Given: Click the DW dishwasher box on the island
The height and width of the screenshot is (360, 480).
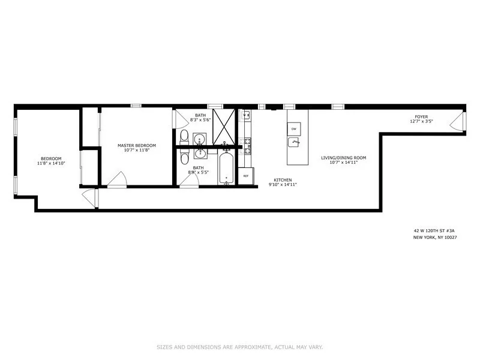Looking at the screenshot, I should point(294,129).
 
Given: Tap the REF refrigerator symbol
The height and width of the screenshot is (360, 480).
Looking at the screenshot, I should point(245,176).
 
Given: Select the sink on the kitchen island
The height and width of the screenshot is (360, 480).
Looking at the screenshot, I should point(293,142).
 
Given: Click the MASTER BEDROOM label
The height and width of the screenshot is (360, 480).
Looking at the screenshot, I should point(137,145).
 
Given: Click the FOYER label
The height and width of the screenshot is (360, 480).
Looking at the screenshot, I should point(421,116).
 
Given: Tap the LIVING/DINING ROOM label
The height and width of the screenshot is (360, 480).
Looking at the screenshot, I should point(343,158).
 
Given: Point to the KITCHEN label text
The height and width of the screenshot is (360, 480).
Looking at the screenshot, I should point(283,180).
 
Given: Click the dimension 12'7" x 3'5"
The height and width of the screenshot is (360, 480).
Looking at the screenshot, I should point(421,122).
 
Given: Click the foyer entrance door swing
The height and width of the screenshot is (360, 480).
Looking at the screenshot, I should point(457,123).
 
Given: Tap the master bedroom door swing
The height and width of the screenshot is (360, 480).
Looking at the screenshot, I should point(117,179).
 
